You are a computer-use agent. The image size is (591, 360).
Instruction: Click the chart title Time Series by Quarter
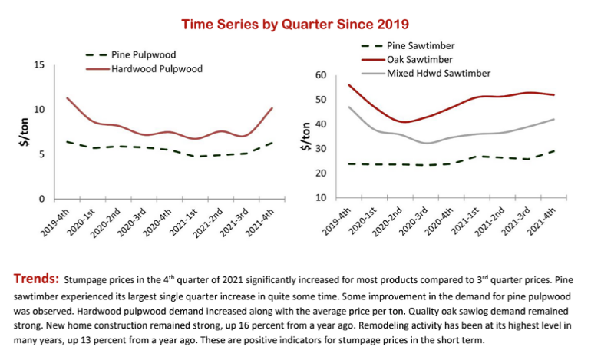point(295,25)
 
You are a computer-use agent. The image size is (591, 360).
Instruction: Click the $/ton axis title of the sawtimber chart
point(306,137)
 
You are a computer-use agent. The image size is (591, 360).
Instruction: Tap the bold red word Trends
point(35,276)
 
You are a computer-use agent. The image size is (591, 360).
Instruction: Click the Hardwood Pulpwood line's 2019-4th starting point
point(67,98)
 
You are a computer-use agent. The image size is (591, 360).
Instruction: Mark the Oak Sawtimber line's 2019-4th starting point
point(348,85)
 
